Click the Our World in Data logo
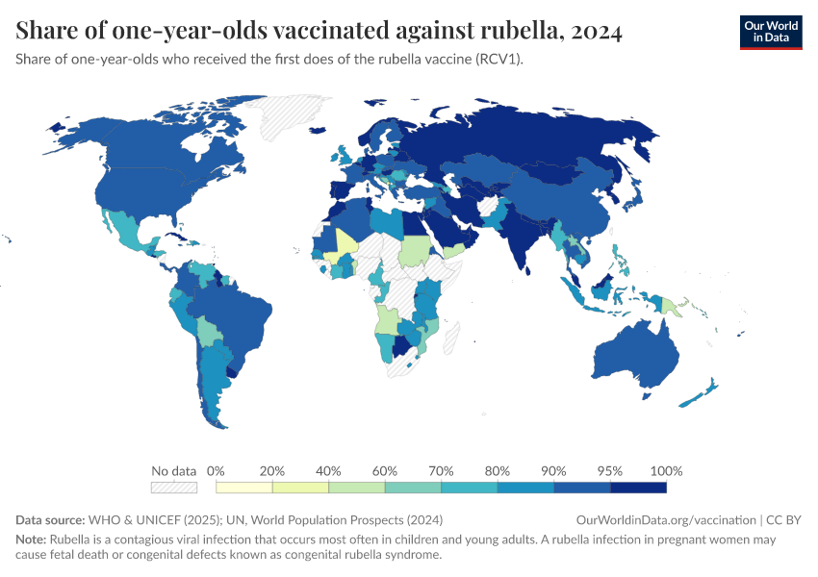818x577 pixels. (770, 32)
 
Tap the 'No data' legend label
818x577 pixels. (173, 471)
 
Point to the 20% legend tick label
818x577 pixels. (272, 471)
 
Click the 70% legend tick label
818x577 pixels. (442, 471)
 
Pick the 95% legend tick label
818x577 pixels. (610, 471)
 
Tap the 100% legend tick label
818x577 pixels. (666, 471)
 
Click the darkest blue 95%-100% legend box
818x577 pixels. (638, 488)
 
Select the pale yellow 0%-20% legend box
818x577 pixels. (243, 488)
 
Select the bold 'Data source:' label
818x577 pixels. (52, 519)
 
